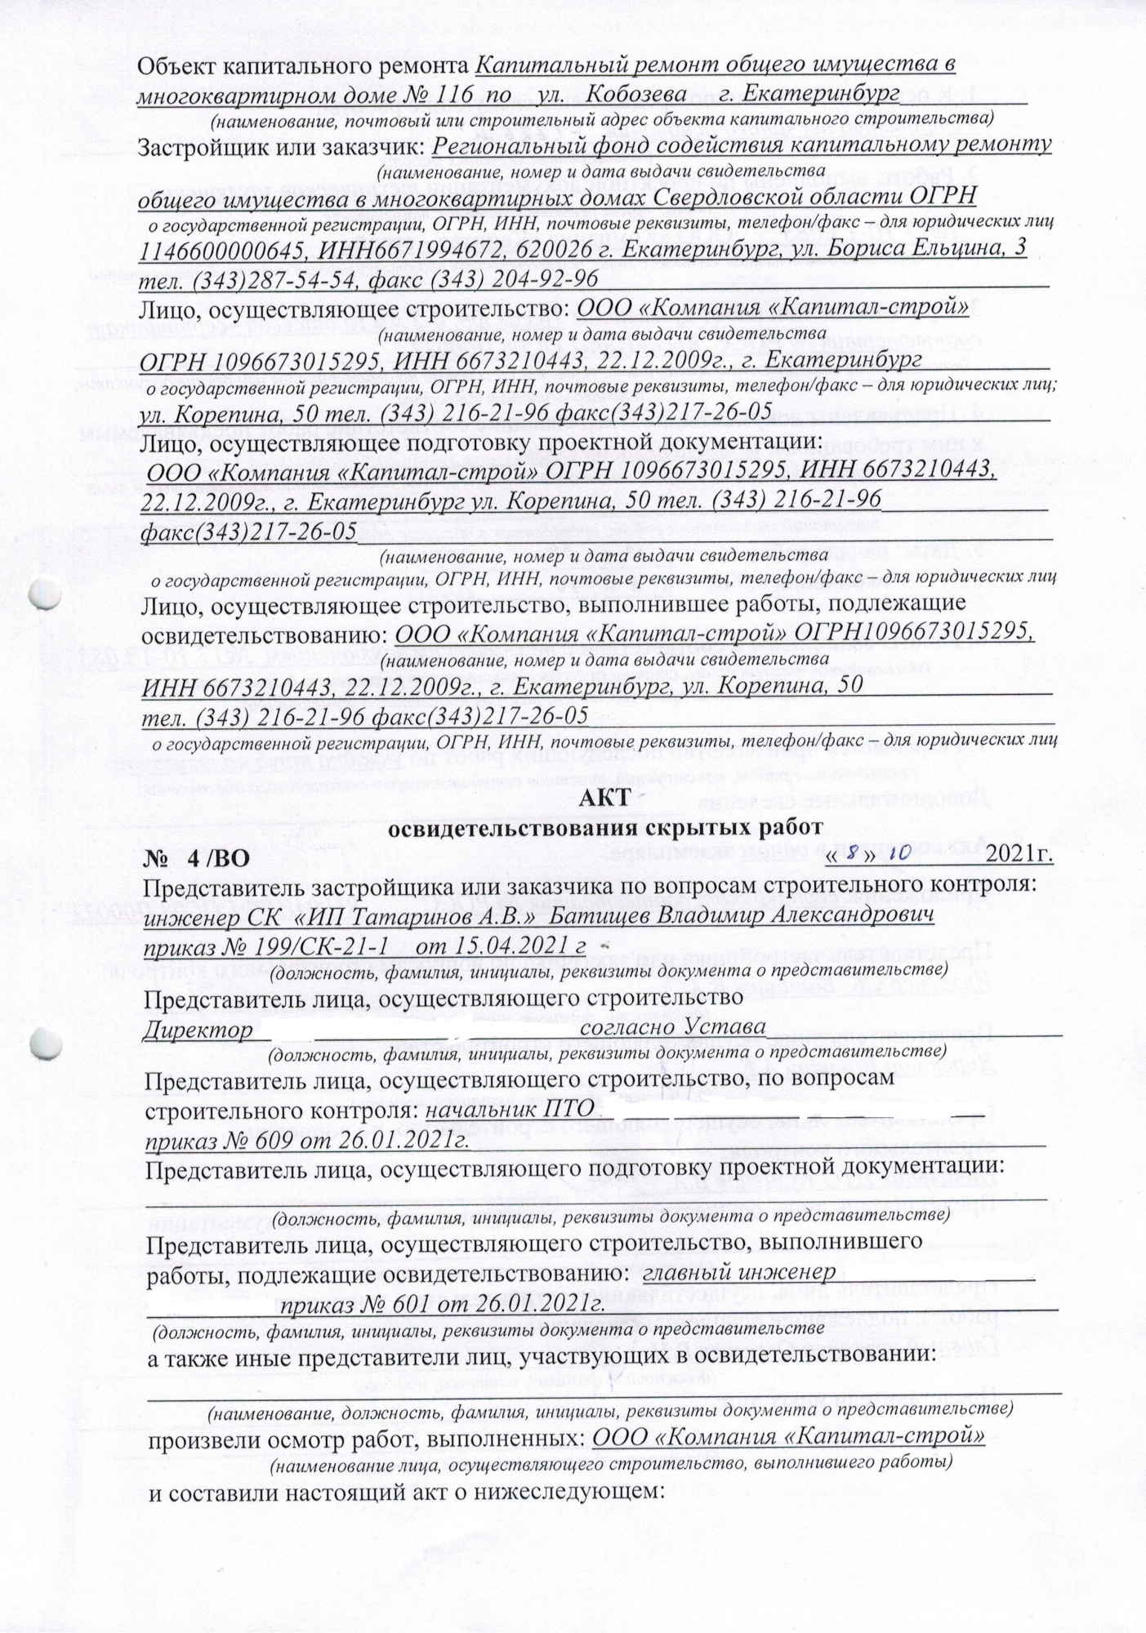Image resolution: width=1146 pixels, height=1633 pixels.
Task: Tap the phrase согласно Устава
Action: [x=671, y=1027]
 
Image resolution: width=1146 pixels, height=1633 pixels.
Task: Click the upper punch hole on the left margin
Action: [x=45, y=594]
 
